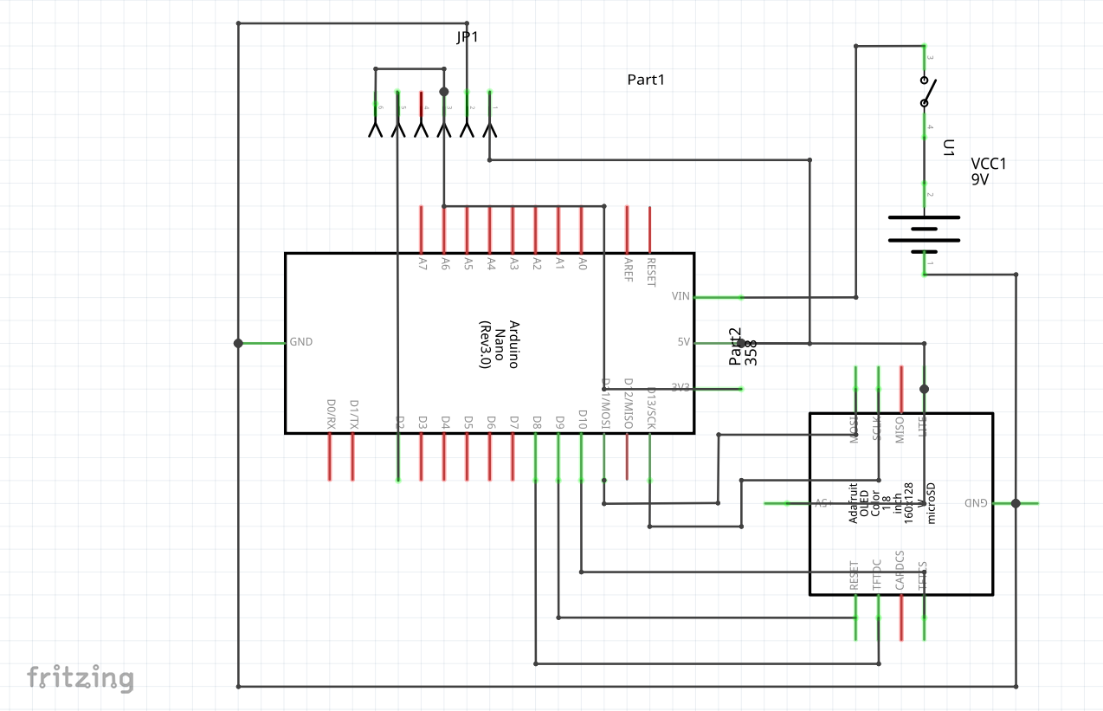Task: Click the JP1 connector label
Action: tap(467, 37)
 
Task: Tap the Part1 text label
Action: tap(646, 80)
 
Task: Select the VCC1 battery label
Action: tap(989, 164)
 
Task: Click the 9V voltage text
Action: tap(980, 180)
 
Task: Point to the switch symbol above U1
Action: tap(926, 92)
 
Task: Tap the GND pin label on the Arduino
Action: tap(301, 342)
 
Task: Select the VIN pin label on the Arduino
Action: tap(681, 297)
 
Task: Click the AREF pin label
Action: tap(628, 268)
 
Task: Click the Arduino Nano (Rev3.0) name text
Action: tap(500, 345)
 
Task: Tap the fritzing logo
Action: tap(80, 677)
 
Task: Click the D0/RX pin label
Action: tap(330, 415)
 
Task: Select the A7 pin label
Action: tap(422, 261)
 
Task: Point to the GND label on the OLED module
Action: tap(976, 503)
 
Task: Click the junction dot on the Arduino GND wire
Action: tap(238, 343)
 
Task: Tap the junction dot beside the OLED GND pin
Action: tap(1016, 503)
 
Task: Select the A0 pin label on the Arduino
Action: tap(582, 261)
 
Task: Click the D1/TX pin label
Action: tap(353, 415)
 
